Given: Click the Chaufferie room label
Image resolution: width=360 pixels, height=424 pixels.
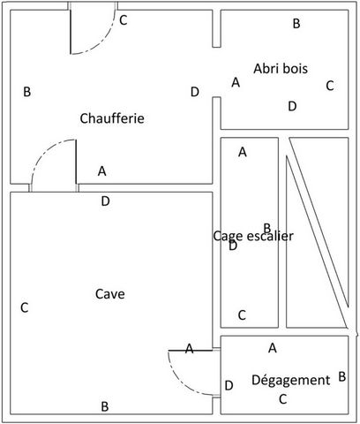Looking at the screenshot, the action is pos(112,118).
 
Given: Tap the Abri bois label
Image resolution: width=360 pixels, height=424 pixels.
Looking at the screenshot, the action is pos(281,68).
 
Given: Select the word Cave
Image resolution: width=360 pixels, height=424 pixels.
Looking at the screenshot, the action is pos(110,294).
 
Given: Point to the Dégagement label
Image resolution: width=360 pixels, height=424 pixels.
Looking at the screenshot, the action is pos(291,380).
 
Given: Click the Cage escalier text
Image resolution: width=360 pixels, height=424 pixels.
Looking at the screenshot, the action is pos(253,236).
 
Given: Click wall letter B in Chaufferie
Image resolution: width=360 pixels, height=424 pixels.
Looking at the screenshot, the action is pos(27,92).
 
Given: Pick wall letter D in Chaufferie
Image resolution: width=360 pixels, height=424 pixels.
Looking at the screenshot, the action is pos(195,92).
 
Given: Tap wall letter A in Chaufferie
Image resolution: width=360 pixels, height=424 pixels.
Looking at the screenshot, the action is pos(101,170).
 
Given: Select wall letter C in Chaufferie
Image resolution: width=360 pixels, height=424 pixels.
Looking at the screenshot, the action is pos(124,20).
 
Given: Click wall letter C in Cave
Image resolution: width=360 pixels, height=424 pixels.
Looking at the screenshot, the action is pos(25,307).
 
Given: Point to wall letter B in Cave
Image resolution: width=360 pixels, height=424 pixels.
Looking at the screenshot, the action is pos(105,406).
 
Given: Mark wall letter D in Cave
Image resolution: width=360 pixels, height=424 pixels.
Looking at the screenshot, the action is pos(105,201).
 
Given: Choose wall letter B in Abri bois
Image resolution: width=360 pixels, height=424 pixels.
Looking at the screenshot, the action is pos(296,23).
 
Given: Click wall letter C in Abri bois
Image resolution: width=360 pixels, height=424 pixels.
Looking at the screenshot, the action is pos(330,86).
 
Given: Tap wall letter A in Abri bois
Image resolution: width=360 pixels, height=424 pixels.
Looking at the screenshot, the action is pos(236,82).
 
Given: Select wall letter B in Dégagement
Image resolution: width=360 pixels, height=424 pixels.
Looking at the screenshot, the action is pos(341,376).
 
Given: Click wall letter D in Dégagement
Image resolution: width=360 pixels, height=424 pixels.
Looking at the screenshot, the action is pos(229,385).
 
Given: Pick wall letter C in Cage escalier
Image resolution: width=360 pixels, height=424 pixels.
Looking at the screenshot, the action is pos(242,315).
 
